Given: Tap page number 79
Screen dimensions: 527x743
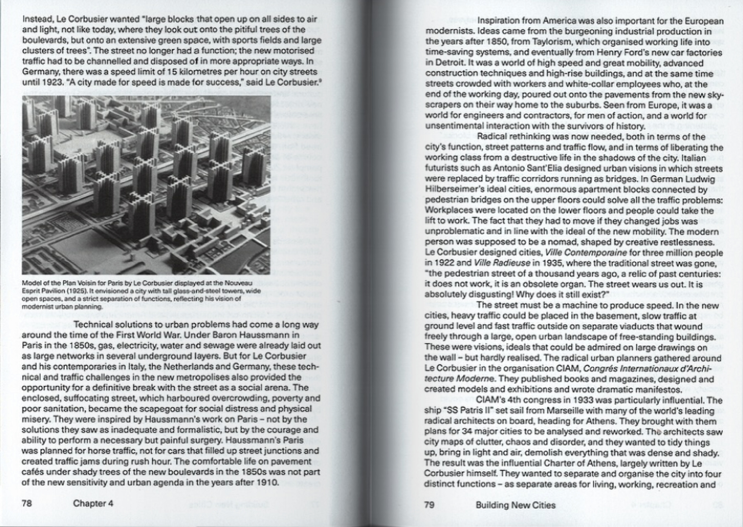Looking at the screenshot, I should click(x=429, y=505).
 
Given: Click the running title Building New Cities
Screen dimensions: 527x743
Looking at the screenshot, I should click(x=515, y=505).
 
